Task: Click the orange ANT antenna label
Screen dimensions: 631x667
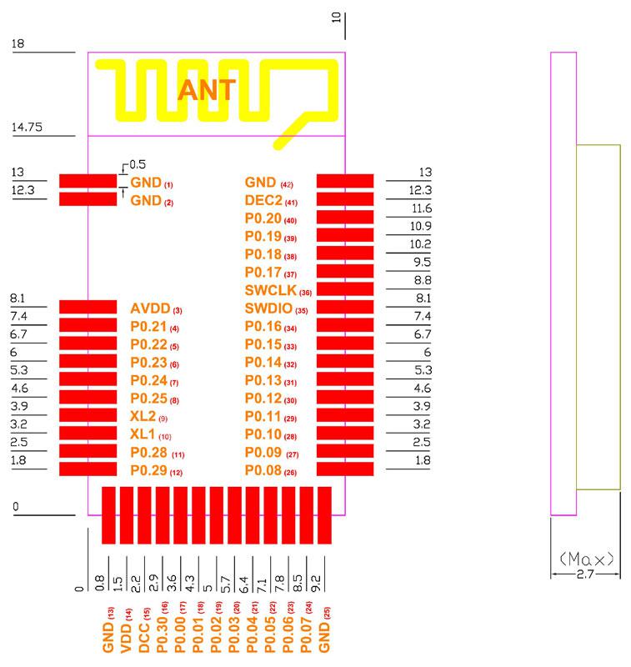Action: (x=206, y=90)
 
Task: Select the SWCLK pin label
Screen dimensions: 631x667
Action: (x=270, y=290)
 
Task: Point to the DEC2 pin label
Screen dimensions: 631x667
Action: (x=263, y=200)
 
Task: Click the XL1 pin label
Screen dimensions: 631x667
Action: (x=143, y=434)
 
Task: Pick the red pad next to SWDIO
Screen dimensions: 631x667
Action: (x=345, y=307)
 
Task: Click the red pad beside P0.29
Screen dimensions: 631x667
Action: (x=88, y=469)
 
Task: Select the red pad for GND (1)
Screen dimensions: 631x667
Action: (x=88, y=181)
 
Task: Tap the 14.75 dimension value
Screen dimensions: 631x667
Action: (x=27, y=127)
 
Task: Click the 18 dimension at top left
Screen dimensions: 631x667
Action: (x=18, y=43)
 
